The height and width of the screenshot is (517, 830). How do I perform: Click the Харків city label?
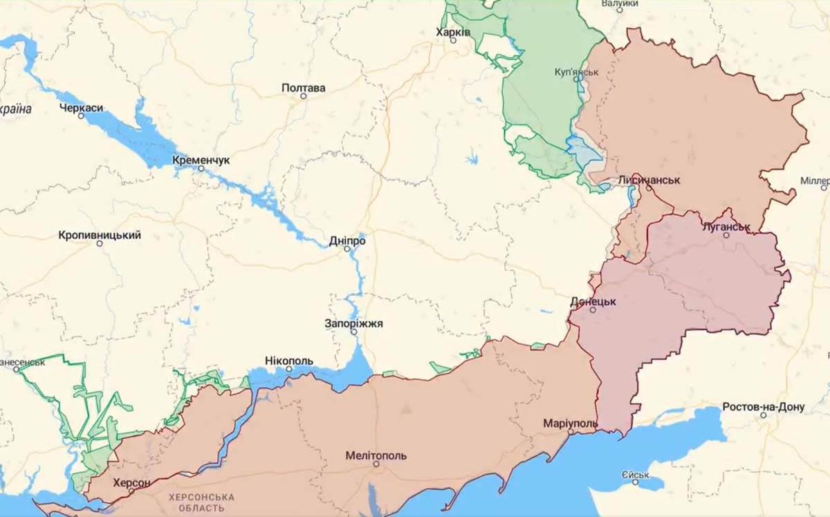[x=454, y=32]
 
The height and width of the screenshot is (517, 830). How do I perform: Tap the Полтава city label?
[x=303, y=88]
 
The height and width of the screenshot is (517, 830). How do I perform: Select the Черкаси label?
[x=81, y=107]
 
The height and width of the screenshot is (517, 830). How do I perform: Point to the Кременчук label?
[x=201, y=160]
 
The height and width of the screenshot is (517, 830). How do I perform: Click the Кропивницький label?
[x=100, y=235]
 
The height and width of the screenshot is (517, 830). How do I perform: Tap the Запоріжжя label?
[x=353, y=323]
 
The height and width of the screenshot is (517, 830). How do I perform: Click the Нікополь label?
[x=288, y=361]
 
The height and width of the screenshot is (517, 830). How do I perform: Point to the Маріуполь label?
[x=570, y=422]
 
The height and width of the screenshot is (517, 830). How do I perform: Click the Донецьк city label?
[x=593, y=302]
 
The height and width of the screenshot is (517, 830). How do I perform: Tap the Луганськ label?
[x=726, y=226]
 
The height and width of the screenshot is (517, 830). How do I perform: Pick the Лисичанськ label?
[x=649, y=179]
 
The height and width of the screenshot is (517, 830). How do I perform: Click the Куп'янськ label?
[x=576, y=71]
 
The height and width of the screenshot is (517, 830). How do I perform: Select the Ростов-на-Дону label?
[x=763, y=406]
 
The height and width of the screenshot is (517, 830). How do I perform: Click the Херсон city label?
[x=131, y=482]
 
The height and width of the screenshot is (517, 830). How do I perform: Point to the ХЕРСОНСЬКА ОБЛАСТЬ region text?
[x=201, y=502]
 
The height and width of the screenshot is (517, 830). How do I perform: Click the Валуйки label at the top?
[x=619, y=4]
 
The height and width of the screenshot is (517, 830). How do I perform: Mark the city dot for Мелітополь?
[x=376, y=464]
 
